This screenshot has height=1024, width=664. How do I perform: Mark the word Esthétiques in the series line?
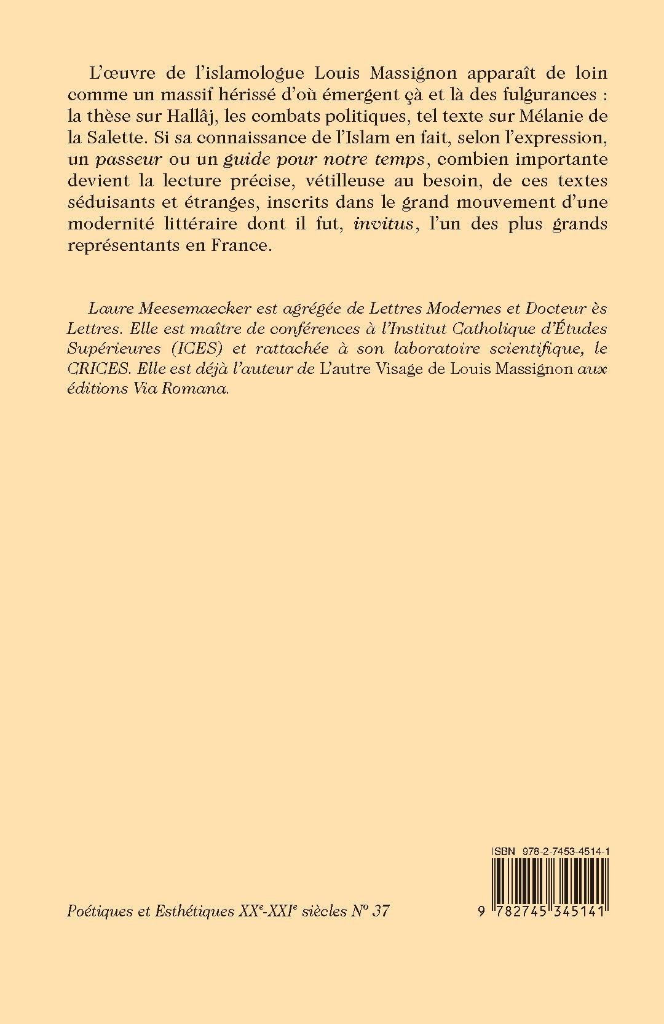pos(196,911)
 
